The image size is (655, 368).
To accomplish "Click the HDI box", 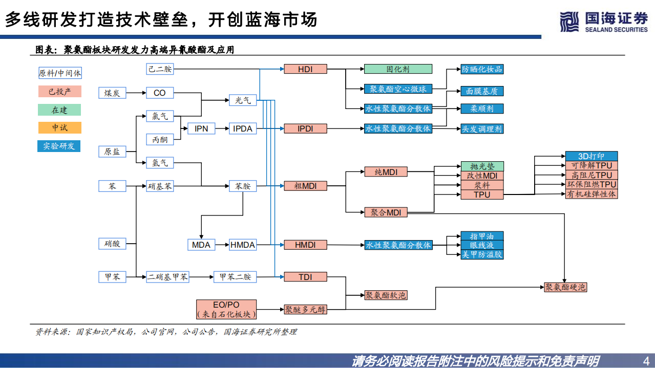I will [x=305, y=69].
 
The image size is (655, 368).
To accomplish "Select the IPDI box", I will [x=305, y=128].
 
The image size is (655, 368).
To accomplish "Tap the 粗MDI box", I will [x=305, y=186].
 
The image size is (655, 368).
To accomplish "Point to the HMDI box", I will [x=305, y=245].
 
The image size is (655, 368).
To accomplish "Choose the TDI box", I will [x=305, y=277].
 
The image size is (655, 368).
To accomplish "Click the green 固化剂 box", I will [x=398, y=69].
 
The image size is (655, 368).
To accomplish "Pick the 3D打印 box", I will [x=591, y=156].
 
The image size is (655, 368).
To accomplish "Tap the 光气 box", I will [x=243, y=100].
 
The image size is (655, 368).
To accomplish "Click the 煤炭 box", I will [x=112, y=93].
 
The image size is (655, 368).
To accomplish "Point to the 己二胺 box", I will [x=160, y=69].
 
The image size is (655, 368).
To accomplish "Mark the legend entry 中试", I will [x=59, y=127].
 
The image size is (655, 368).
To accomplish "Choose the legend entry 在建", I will [x=59, y=110].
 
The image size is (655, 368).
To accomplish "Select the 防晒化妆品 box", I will [x=482, y=69].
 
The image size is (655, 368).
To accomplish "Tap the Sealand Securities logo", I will [x=604, y=21].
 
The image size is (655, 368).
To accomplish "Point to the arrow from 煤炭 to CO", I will [x=136, y=93].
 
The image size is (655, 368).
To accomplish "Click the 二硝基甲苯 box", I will [x=167, y=277].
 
